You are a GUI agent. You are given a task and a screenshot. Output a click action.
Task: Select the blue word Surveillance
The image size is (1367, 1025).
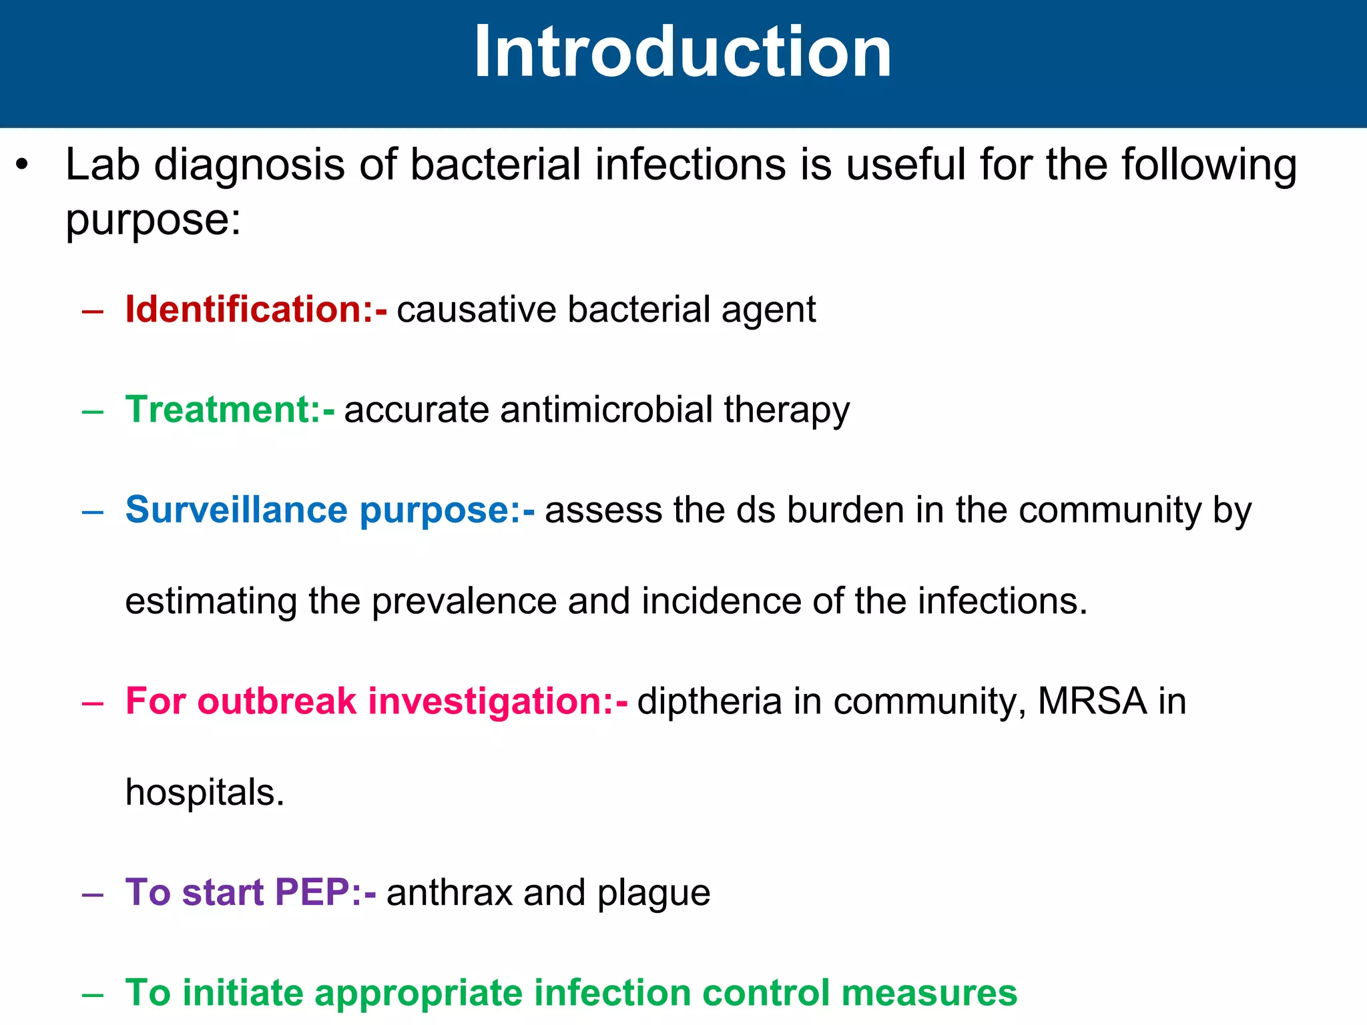pyautogui.click(x=236, y=510)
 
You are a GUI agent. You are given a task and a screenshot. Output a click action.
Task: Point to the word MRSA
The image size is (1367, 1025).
pyautogui.click(x=1092, y=702)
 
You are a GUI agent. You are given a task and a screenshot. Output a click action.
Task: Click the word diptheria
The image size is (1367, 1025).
pyautogui.click(x=709, y=702)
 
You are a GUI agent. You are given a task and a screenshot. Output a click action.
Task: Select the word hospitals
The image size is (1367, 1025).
pyautogui.click(x=204, y=793)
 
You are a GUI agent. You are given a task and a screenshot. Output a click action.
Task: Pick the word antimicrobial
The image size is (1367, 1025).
pyautogui.click(x=606, y=410)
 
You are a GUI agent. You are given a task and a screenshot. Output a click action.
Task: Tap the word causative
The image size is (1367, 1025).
pyautogui.click(x=476, y=310)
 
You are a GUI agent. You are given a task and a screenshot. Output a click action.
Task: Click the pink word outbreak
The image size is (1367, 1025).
pyautogui.click(x=276, y=702)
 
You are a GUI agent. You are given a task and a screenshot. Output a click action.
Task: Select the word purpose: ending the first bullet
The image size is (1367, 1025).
pyautogui.click(x=153, y=220)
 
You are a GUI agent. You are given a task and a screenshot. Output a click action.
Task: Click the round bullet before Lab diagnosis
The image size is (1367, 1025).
pyautogui.click(x=23, y=165)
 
